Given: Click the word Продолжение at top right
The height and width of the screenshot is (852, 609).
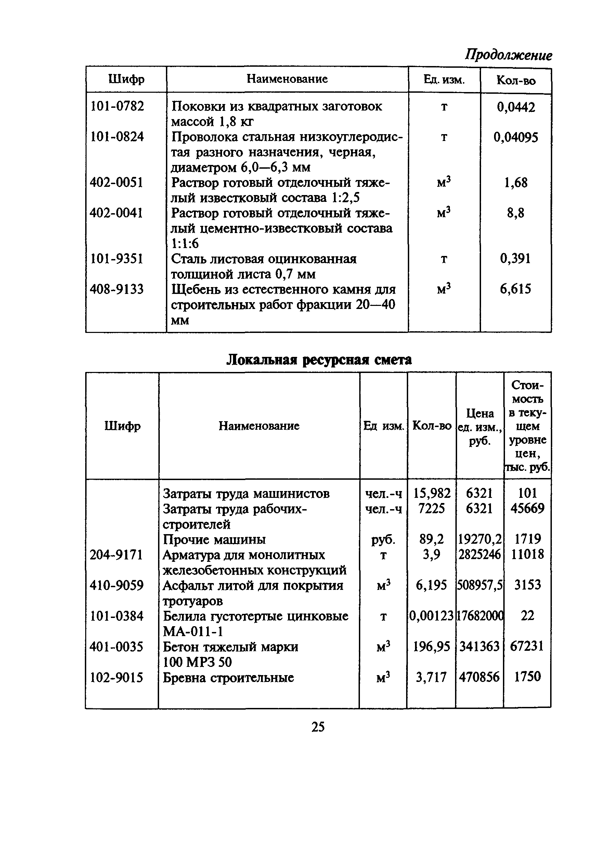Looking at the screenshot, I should click(508, 55).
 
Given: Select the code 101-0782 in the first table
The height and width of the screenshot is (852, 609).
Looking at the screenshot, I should click(117, 106).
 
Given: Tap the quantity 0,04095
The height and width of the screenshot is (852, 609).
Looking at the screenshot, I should click(516, 137).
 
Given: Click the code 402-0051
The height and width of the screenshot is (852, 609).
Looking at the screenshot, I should click(117, 183).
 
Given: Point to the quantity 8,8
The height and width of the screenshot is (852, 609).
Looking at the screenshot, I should click(516, 213).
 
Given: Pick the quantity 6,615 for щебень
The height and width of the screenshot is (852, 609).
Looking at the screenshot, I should click(516, 289).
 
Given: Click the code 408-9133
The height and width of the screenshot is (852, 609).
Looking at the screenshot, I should click(117, 289).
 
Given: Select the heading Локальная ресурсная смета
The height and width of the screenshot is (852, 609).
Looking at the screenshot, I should click(319, 360).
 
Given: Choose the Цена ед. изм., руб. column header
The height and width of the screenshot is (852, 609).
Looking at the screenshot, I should click(480, 427).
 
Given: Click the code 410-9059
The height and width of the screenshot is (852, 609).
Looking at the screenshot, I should click(117, 585).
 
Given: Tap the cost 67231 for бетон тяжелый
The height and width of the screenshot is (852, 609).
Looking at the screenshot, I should click(527, 646).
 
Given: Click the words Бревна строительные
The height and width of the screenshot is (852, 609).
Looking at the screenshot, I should click(229, 677).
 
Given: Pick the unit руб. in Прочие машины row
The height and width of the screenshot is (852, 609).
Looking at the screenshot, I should click(383, 539).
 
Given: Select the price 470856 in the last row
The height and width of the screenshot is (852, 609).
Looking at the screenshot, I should click(479, 677).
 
